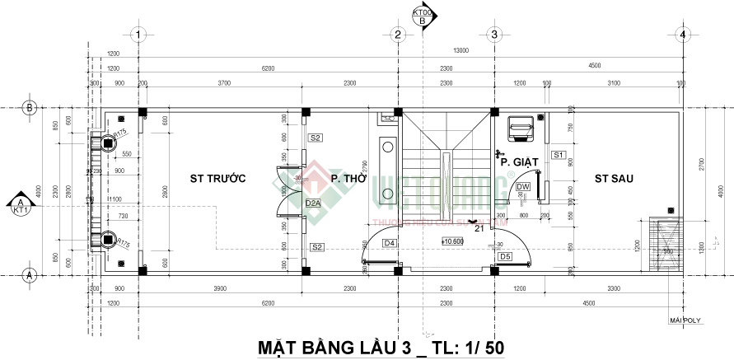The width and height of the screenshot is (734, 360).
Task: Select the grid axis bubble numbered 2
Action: (x=397, y=35)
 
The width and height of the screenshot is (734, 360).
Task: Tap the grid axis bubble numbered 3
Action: (x=493, y=35)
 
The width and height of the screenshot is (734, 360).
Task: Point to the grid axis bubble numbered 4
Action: (x=682, y=35)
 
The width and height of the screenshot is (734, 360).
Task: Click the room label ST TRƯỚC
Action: (x=207, y=178)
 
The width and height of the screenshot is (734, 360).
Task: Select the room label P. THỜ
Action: (x=348, y=178)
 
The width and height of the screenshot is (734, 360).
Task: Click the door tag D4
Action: (x=390, y=243)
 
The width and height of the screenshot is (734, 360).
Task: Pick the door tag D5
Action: (x=505, y=257)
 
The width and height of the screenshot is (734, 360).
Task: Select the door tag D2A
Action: (x=313, y=203)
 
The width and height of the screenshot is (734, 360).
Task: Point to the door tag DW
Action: (x=523, y=187)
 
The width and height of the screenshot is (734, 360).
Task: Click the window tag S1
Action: (x=558, y=155)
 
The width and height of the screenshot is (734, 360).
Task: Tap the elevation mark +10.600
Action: (x=452, y=241)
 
